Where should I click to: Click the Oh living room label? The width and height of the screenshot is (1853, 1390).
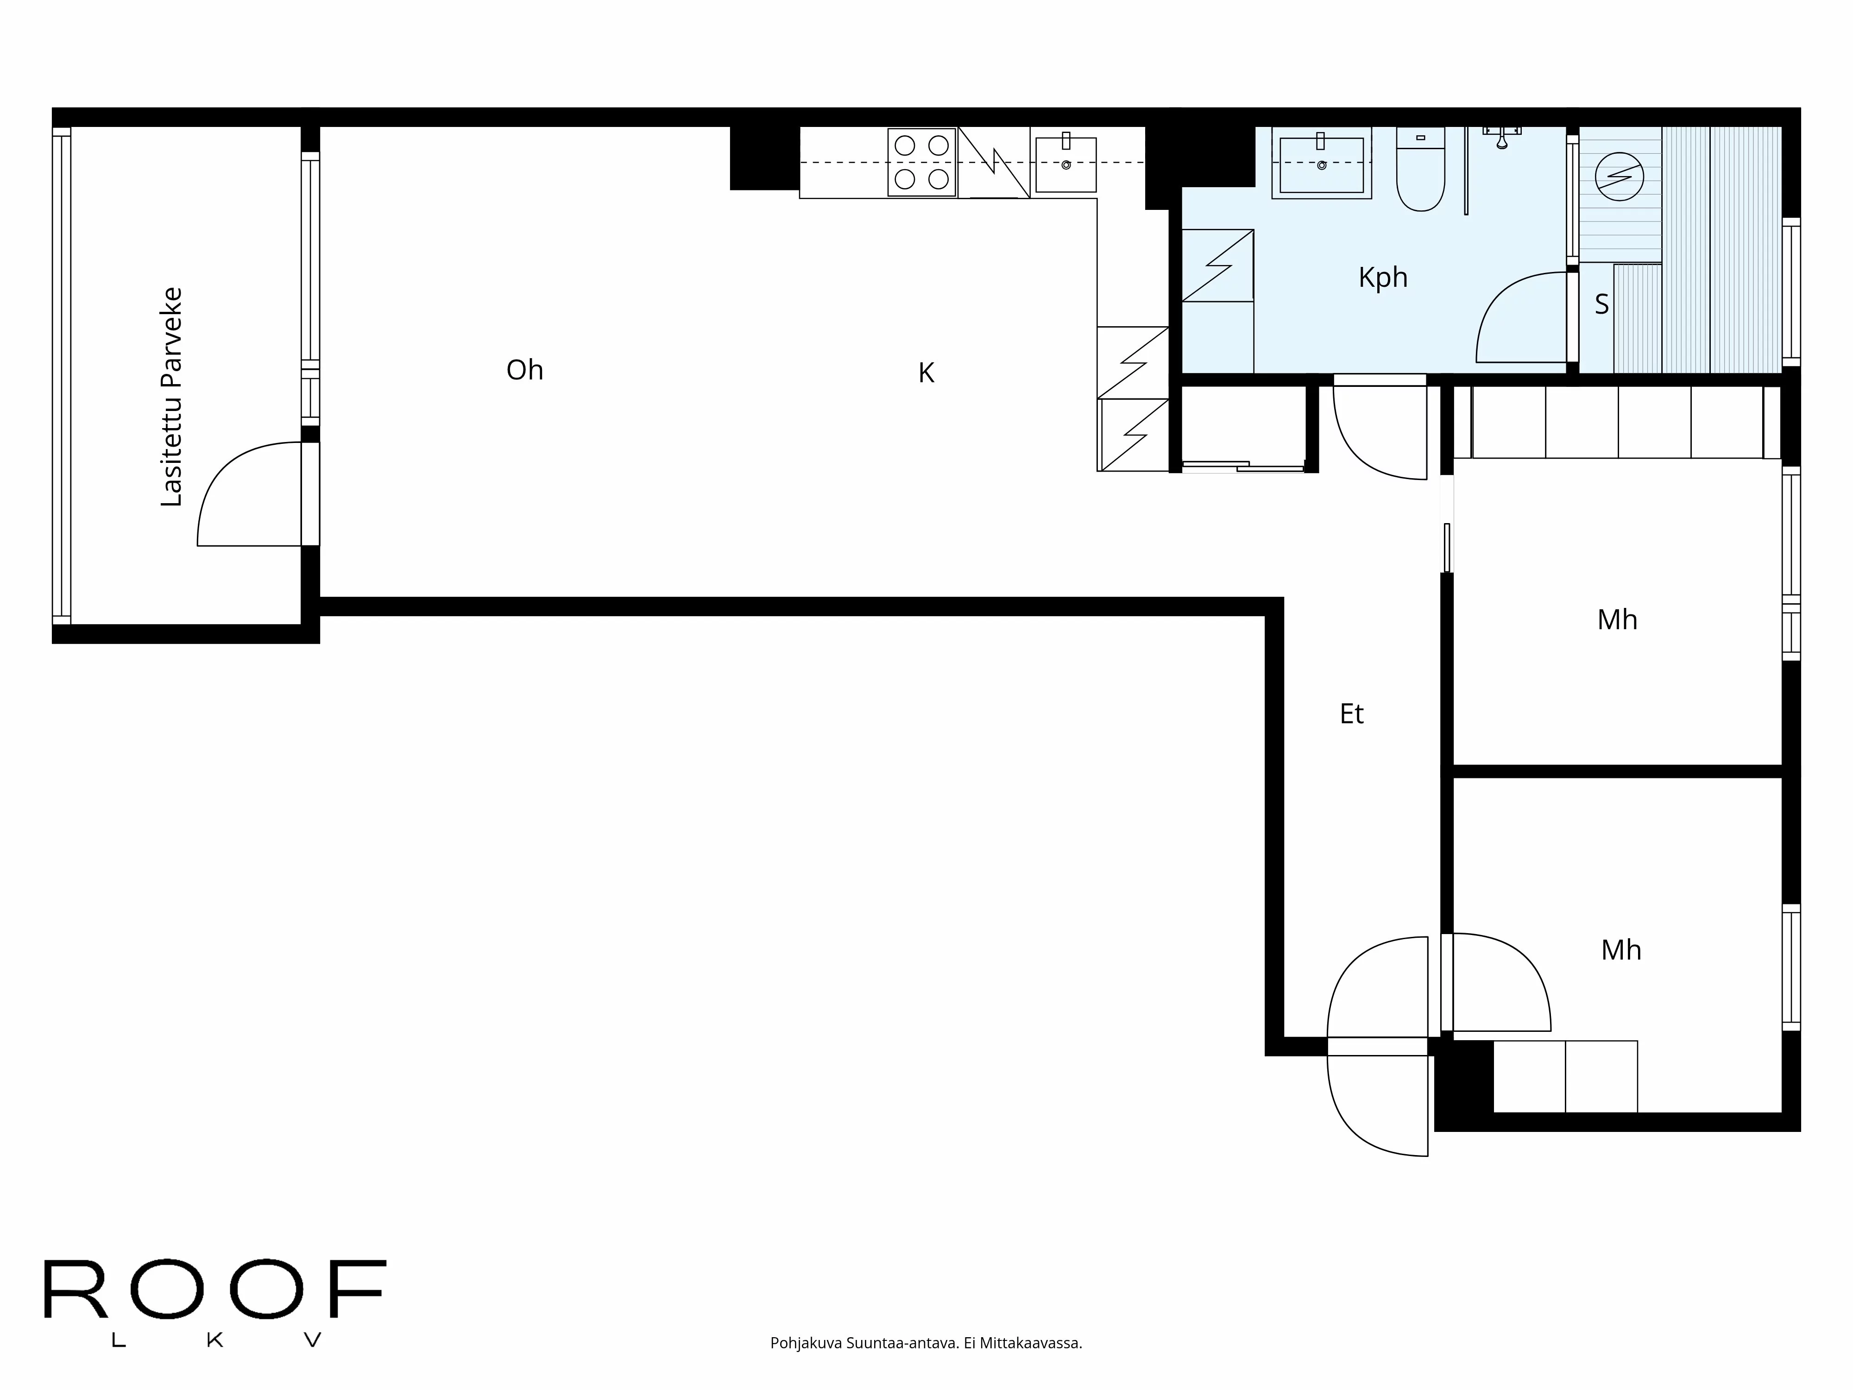click(x=524, y=369)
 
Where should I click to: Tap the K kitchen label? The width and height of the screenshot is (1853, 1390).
click(x=926, y=373)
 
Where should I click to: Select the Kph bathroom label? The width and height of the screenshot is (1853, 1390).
click(x=1382, y=278)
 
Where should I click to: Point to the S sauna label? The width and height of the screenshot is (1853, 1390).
click(x=1601, y=304)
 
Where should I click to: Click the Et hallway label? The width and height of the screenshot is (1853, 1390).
click(x=1351, y=714)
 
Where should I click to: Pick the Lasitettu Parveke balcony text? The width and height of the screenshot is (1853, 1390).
click(x=172, y=396)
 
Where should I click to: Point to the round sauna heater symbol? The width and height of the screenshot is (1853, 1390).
click(x=1619, y=176)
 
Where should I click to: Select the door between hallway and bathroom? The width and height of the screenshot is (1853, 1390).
click(x=1378, y=431)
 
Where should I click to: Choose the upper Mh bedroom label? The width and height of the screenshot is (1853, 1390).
click(x=1617, y=620)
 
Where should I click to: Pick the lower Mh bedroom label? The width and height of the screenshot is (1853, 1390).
click(x=1620, y=950)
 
